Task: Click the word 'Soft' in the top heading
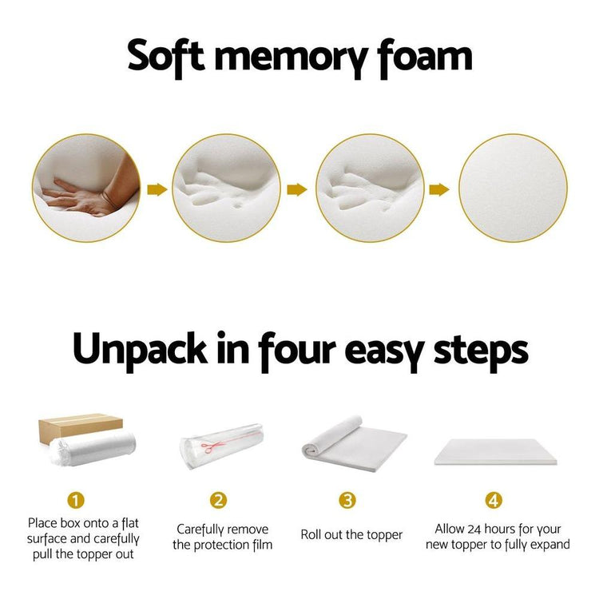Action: pyautogui.click(x=166, y=57)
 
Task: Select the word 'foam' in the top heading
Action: pyautogui.click(x=424, y=58)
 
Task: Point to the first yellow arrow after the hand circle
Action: pyautogui.click(x=157, y=189)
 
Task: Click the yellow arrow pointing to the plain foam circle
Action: pyautogui.click(x=439, y=189)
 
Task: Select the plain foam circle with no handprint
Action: pyautogui.click(x=513, y=188)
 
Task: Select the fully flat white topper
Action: pyautogui.click(x=495, y=451)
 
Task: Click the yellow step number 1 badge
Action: pyautogui.click(x=76, y=500)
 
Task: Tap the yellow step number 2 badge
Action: pyautogui.click(x=218, y=500)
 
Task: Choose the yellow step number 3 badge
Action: pyautogui.click(x=347, y=500)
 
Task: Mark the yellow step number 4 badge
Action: pyautogui.click(x=494, y=500)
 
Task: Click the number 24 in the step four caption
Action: pyautogui.click(x=474, y=529)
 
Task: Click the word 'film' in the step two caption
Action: pyautogui.click(x=263, y=545)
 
